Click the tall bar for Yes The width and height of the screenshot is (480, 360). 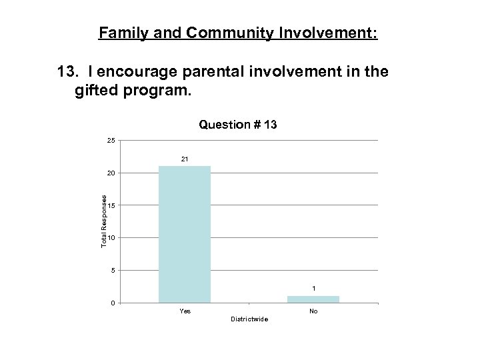coord(185,234)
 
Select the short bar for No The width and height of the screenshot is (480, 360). coord(313,299)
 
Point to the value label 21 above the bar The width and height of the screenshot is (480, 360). coord(185,159)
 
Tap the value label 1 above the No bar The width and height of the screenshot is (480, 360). coord(313,289)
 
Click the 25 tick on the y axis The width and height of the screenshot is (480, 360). coord(111,140)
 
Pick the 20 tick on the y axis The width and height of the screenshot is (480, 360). coord(111,173)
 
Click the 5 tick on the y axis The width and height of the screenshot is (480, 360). coord(113,271)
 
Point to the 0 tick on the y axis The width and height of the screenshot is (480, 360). coord(113,303)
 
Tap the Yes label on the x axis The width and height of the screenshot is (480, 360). coord(185,311)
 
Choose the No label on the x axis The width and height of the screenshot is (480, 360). coord(313,311)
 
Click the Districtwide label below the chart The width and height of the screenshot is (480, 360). coord(249,319)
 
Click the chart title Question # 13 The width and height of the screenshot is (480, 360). coord(238,125)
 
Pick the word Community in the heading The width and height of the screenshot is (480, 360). coord(227,33)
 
